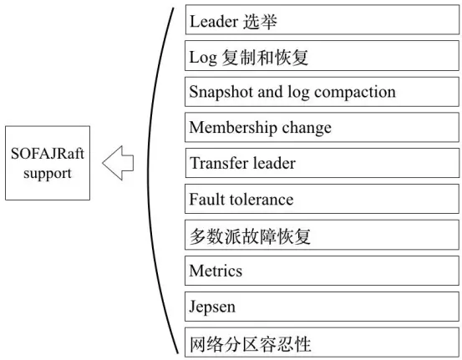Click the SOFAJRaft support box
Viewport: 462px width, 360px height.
(48, 162)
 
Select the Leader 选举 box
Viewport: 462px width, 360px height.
(322, 21)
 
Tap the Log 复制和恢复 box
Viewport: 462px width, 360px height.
(322, 57)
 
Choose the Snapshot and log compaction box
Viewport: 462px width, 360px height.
(322, 92)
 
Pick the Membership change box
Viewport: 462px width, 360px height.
(322, 128)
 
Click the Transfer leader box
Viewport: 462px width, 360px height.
(322, 164)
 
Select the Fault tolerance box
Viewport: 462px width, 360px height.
(322, 200)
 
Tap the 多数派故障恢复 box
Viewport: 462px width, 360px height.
(322, 236)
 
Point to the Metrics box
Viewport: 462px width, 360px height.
(322, 271)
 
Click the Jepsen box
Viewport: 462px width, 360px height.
(322, 307)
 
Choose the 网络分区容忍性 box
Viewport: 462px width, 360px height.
(322, 342)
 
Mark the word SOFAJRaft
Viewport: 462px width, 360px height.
(48, 154)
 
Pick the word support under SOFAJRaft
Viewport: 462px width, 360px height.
(48, 174)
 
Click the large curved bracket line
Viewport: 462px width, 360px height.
(150, 180)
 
